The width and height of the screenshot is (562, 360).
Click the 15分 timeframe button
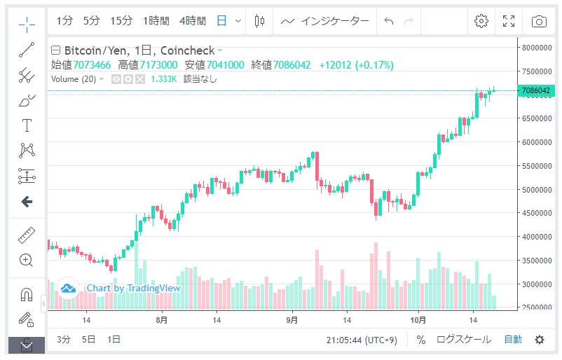tap(121, 21)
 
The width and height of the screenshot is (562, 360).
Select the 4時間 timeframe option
tap(192, 21)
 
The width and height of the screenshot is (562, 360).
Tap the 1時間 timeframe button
tap(156, 21)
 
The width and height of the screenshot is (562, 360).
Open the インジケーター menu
tap(326, 21)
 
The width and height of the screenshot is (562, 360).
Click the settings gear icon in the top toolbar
tap(481, 21)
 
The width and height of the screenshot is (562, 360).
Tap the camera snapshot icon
tap(538, 21)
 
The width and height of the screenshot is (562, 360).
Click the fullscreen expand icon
tap(509, 21)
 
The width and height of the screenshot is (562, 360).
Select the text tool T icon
tap(27, 125)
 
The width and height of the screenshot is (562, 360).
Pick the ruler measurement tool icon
tap(27, 235)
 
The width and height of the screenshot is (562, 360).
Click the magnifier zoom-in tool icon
tap(27, 261)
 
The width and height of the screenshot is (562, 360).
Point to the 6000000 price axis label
tap(537, 142)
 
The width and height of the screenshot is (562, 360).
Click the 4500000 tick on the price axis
tap(537, 214)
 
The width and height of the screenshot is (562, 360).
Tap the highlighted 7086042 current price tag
tap(536, 90)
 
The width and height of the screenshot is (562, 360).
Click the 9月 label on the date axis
tap(292, 320)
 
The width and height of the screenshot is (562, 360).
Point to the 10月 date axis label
tap(418, 320)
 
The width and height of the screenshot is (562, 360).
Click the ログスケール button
tap(463, 340)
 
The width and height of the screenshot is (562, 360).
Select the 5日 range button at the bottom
tap(88, 340)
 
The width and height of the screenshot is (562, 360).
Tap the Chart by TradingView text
tap(133, 288)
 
